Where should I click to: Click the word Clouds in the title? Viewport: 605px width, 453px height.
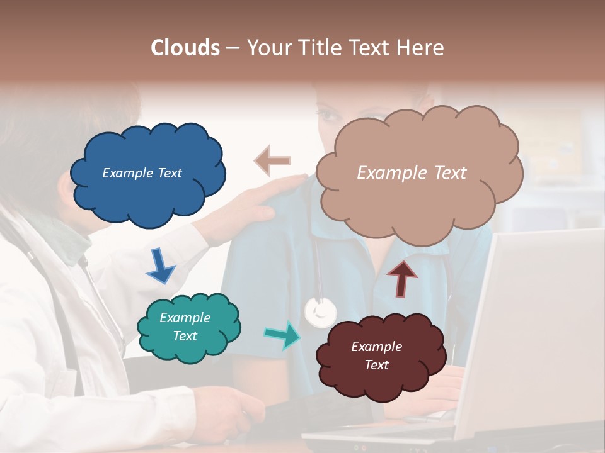click(185, 48)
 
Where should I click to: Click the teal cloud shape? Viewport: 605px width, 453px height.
click(188, 327)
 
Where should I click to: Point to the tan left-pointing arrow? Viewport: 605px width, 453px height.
click(273, 160)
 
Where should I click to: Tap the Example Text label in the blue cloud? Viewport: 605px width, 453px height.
click(142, 172)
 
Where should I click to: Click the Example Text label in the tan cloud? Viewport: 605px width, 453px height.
click(412, 172)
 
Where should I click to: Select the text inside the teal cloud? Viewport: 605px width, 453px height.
click(185, 327)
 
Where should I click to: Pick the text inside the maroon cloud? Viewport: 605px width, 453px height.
click(376, 355)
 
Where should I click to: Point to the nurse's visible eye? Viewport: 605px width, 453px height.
click(329, 116)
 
